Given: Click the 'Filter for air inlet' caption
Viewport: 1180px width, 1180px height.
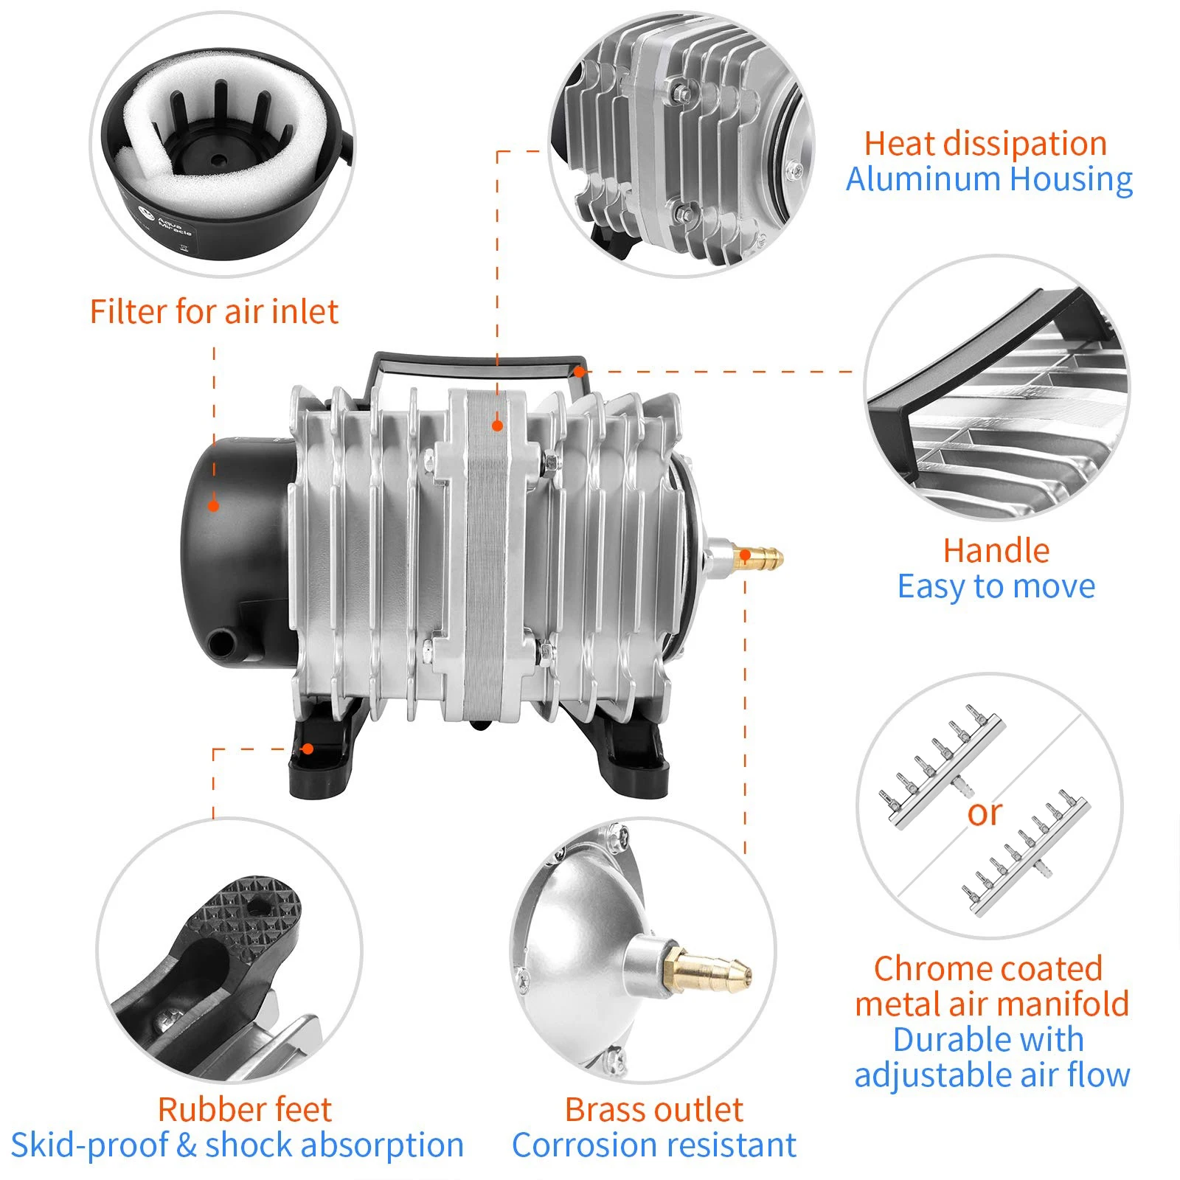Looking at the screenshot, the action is coord(214,312).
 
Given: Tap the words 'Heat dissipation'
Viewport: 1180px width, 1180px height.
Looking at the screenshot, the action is coord(985,144).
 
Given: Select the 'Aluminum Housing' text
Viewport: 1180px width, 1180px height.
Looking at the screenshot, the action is coord(988,179).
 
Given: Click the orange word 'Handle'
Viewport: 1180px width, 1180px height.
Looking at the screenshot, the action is coord(996,551).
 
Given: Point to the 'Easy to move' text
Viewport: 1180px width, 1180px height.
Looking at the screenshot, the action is coord(996,587).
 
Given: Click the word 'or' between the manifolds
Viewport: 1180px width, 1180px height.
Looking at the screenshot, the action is coord(985,813).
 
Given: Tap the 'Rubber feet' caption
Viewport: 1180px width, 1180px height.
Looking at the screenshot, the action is coord(245,1109).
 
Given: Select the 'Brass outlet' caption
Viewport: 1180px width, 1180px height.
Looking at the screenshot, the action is coord(653,1109).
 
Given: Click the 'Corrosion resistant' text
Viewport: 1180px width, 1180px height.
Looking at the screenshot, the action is coord(653,1145).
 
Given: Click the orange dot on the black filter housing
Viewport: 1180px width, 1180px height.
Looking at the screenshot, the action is coord(213,506).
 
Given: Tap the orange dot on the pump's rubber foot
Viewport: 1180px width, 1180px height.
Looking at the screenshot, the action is coord(308,749).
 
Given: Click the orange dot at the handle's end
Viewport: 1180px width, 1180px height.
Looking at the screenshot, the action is coord(580,372).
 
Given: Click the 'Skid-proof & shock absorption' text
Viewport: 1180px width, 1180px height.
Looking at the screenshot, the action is coord(237,1145).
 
